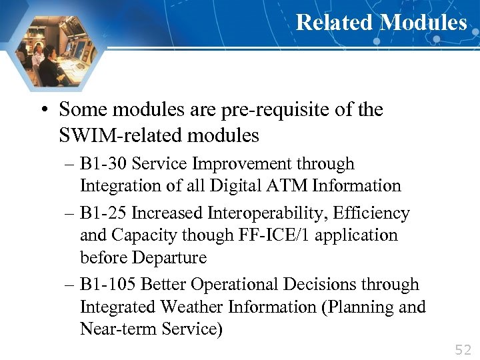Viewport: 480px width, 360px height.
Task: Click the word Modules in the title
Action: (x=423, y=23)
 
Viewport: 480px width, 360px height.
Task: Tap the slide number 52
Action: (x=462, y=349)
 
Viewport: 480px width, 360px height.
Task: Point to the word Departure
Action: (x=170, y=258)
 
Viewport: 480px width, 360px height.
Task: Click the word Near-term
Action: (x=118, y=329)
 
